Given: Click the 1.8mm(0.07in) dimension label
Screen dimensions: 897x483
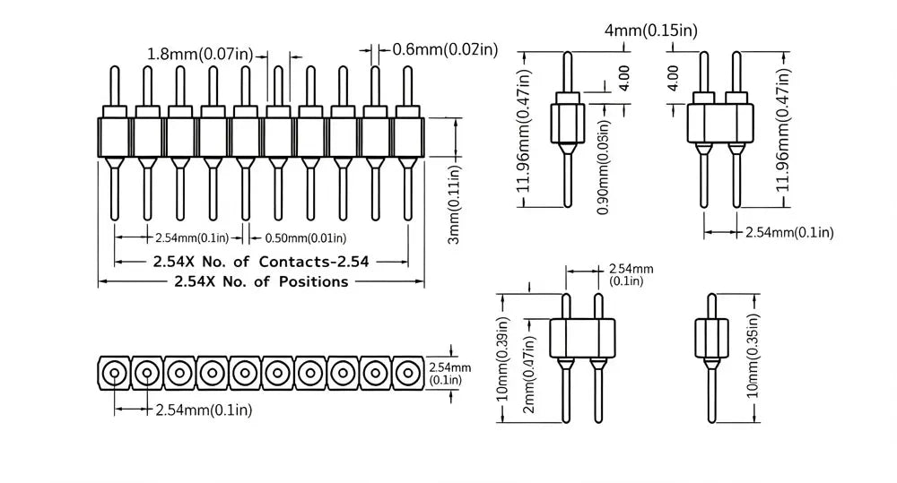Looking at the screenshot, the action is click(x=200, y=55).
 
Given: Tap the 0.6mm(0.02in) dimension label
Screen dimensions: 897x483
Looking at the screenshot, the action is click(x=445, y=49).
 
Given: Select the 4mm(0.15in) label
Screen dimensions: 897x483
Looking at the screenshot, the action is click(x=651, y=30).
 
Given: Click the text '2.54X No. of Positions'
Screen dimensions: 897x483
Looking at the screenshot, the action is click(x=261, y=281).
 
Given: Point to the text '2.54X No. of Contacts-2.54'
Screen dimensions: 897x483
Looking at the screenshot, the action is click(x=261, y=262).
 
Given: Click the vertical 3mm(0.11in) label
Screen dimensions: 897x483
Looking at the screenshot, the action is click(x=454, y=204).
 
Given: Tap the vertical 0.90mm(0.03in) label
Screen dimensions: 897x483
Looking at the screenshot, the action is click(x=603, y=167).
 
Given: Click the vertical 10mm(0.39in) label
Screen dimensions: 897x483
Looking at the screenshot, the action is click(x=502, y=359).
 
